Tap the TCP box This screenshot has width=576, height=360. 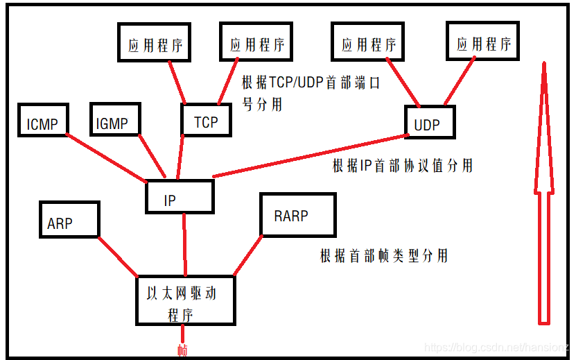click(x=206, y=121)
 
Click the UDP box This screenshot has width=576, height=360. click(x=430, y=123)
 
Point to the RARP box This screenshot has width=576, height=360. click(x=296, y=214)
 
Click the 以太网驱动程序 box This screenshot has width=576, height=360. click(x=184, y=301)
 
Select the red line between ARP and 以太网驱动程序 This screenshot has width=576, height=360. click(x=117, y=255)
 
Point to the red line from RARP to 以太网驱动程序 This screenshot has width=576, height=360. click(x=248, y=255)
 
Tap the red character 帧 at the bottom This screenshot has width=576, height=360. click(x=183, y=349)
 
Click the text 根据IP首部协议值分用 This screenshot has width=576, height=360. click(x=403, y=166)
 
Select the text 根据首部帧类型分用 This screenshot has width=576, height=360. click(x=383, y=256)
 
